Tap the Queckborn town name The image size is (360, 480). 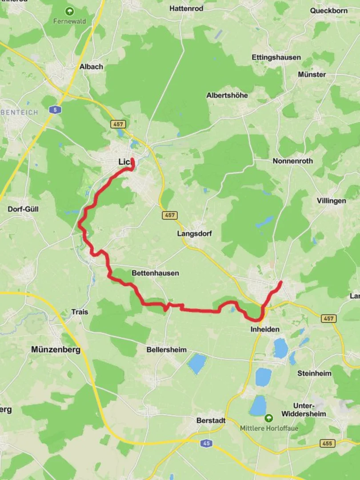pos(329,10)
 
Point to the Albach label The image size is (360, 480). pos(91,67)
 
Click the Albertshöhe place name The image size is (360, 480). pos(227,95)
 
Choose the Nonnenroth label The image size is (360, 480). pos(292,161)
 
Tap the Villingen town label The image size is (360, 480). pos(331,201)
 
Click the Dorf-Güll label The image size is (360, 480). pos(24,209)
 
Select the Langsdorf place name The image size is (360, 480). pos(194,234)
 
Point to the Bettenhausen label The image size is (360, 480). pos(155,273)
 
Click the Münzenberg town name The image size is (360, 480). pos(56,350)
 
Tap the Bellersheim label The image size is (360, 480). pos(166,350)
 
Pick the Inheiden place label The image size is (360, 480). pos(265,329)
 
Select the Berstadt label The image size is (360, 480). pos(211,420)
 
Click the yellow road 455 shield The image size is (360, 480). pos(327,443)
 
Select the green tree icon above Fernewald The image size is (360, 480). pos(69,11)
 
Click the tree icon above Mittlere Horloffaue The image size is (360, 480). pos(269,418)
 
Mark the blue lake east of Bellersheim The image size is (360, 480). pos(197,364)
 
